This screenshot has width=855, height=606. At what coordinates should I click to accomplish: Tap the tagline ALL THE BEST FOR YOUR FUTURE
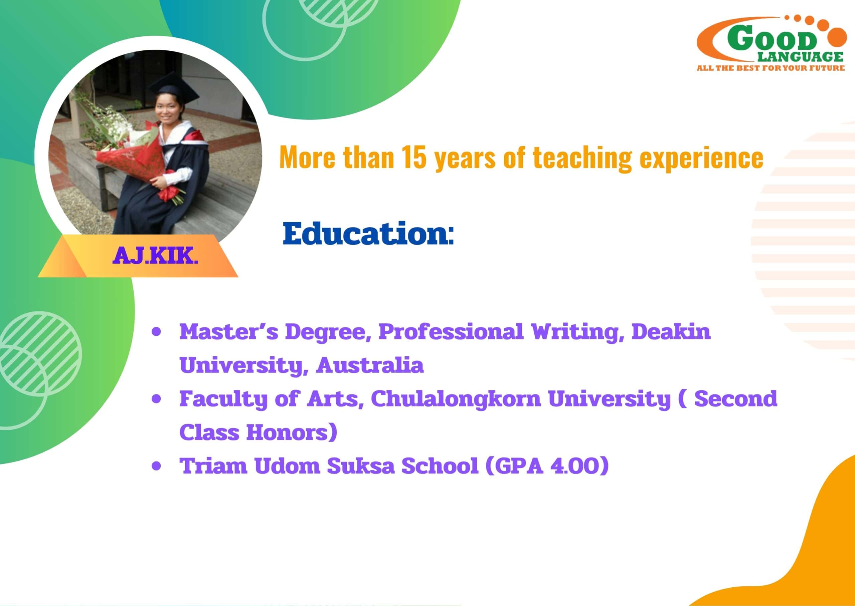(771, 68)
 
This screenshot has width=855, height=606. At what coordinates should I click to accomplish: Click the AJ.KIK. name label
(155, 256)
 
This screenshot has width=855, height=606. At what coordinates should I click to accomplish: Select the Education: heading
(368, 234)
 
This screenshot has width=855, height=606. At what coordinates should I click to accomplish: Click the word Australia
(370, 365)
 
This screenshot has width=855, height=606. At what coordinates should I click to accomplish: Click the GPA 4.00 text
(547, 466)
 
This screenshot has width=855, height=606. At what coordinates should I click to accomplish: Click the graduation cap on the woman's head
(174, 88)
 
